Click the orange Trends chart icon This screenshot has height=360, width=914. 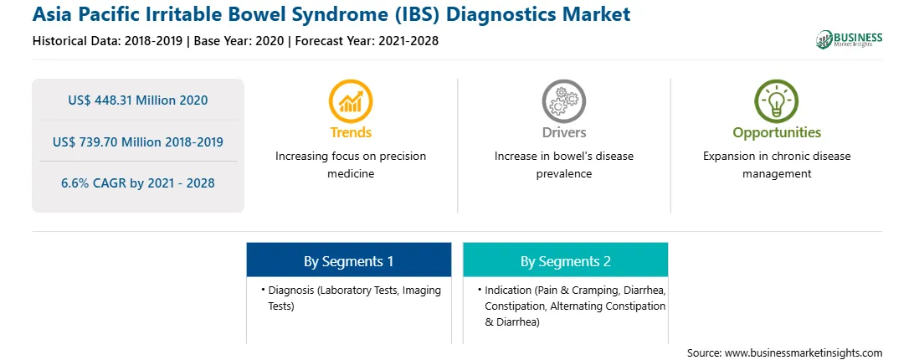pos(351,101)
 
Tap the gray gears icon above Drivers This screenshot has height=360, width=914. pos(563,101)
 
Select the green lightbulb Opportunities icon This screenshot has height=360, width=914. pos(777,101)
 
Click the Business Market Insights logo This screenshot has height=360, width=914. pos(849,39)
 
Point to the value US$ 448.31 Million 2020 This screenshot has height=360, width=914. pos(137,100)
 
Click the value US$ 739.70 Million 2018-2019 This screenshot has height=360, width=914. pos(137,141)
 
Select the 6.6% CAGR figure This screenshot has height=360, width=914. pos(137,183)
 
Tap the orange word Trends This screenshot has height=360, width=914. pos(351,132)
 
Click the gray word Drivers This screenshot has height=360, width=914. pos(563,132)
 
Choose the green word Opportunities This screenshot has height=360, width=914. pos(777,133)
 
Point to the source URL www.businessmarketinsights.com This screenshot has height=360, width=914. pos(804,352)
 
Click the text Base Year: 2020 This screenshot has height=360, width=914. pos(239,41)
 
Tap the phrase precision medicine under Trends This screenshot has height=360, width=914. pos(351,165)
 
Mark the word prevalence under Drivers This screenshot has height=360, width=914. pos(563,174)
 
